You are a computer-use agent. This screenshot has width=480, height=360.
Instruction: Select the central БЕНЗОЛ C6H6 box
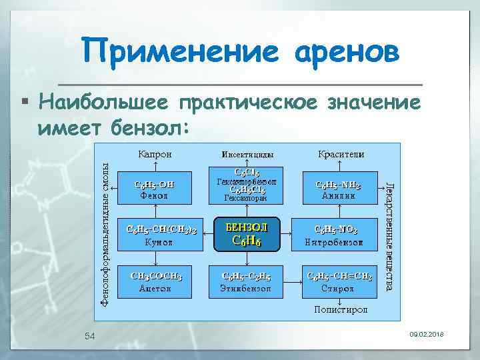245,233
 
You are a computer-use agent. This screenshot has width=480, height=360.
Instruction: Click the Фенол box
154,189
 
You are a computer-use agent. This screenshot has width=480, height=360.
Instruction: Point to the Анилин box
339,189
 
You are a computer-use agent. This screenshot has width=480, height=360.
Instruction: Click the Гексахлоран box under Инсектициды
245,187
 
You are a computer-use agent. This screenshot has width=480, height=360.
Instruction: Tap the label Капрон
155,154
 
